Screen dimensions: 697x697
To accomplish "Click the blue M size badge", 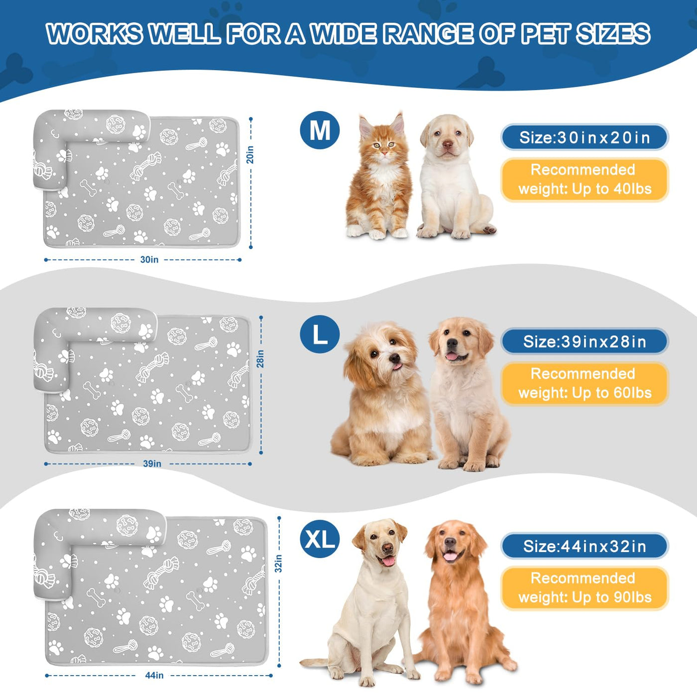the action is pyautogui.click(x=320, y=130).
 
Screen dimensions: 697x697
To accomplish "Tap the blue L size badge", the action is pyautogui.click(x=320, y=334).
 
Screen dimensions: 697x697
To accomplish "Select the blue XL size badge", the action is pyautogui.click(x=320, y=539).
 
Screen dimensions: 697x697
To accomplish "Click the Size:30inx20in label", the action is pyautogui.click(x=584, y=137).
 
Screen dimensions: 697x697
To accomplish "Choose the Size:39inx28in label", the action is pyautogui.click(x=584, y=342).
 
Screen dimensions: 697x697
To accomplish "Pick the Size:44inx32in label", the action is pyautogui.click(x=584, y=546).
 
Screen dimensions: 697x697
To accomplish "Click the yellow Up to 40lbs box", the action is pyautogui.click(x=584, y=179).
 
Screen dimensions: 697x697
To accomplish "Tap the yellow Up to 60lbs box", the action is pyautogui.click(x=584, y=383).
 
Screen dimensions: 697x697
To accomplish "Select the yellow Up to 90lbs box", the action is pyautogui.click(x=584, y=588).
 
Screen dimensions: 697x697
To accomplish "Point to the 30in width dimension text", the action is pyautogui.click(x=149, y=260).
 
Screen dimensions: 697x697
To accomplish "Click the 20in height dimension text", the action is pyautogui.click(x=250, y=155).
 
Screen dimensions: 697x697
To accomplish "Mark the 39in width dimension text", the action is pyautogui.click(x=152, y=464).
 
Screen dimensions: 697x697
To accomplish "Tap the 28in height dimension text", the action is pyautogui.click(x=260, y=359).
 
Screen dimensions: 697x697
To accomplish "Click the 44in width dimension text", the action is pyautogui.click(x=154, y=675).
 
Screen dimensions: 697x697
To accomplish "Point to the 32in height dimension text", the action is pyautogui.click(x=278, y=564).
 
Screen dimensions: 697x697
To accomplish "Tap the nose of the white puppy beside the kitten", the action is pyautogui.click(x=448, y=145).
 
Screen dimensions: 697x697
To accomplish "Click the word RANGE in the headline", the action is pyautogui.click(x=428, y=34).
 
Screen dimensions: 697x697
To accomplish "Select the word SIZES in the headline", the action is pyautogui.click(x=613, y=34).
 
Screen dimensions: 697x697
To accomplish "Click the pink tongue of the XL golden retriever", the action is pyautogui.click(x=451, y=556).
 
